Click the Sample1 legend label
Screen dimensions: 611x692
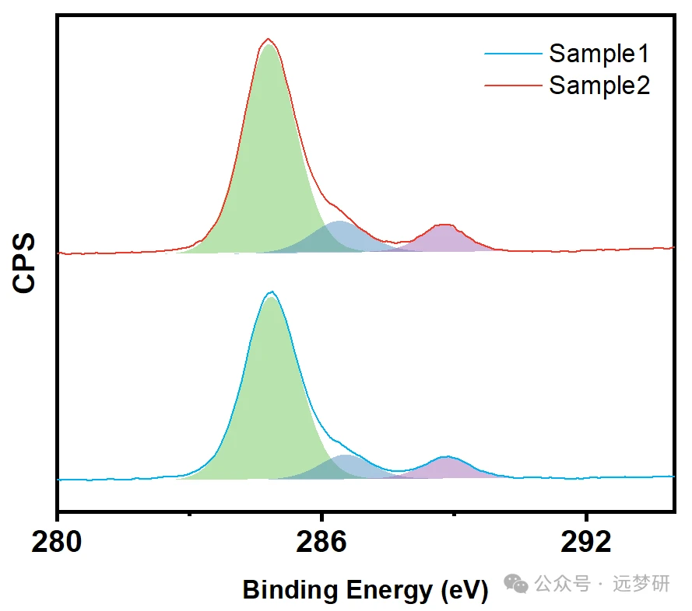(x=599, y=54)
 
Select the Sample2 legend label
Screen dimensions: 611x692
(x=599, y=85)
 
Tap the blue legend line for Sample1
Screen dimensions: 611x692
(x=513, y=54)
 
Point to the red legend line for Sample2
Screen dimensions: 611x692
(x=513, y=85)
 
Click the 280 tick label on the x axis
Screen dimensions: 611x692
(x=57, y=543)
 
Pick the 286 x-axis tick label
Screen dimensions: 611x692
(x=321, y=543)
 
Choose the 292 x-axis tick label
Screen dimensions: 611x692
(x=585, y=543)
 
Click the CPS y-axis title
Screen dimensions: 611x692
(x=25, y=261)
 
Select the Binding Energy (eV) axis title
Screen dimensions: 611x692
(x=365, y=590)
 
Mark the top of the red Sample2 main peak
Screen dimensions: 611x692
(x=269, y=39)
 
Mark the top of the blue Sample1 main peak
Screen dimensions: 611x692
(x=271, y=292)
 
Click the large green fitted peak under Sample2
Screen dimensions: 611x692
(x=269, y=155)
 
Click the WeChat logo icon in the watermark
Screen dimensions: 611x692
(x=515, y=583)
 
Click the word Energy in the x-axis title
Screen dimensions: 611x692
(x=385, y=591)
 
